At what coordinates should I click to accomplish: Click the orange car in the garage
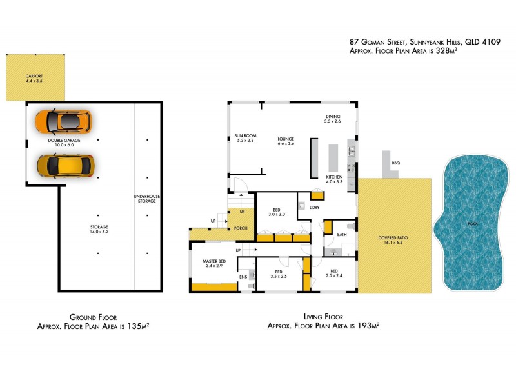(x=63, y=120)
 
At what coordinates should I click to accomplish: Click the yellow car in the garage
(x=65, y=166)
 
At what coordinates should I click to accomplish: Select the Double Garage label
(x=64, y=143)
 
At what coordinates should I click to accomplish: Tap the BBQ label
(x=395, y=164)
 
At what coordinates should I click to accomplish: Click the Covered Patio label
(x=392, y=241)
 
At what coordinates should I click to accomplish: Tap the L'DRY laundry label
(x=315, y=207)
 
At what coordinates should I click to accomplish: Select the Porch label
(x=241, y=228)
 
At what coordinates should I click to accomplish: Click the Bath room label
(x=342, y=235)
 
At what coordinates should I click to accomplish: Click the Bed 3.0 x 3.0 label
(x=277, y=212)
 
